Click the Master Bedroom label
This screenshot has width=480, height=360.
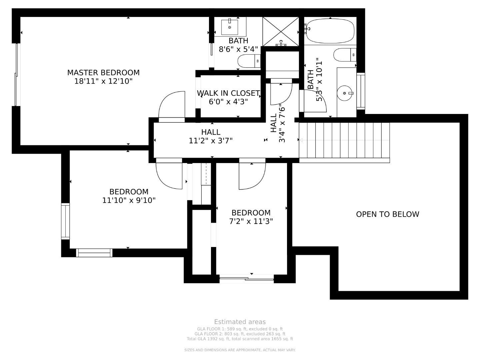coord(103,73)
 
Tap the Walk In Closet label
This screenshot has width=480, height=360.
coord(228,93)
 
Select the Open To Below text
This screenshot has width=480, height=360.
coord(387,214)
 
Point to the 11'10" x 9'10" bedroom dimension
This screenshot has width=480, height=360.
coord(129,200)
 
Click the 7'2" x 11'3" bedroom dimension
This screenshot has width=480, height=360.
coord(251,221)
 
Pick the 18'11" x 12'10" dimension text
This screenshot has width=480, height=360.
coord(103,81)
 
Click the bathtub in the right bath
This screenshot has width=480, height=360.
coord(330,31)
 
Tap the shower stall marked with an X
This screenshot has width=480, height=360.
coord(281,32)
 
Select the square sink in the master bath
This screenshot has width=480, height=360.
coord(230,27)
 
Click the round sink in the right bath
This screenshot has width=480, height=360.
coord(345,93)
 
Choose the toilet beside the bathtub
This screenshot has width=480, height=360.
coord(345,55)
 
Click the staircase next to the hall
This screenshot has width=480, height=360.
coord(344,140)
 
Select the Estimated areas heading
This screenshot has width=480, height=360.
coord(240,322)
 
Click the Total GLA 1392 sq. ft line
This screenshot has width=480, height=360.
coord(240,339)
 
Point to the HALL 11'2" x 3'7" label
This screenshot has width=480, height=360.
coord(211,136)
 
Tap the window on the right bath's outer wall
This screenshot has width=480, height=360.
coord(361,91)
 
